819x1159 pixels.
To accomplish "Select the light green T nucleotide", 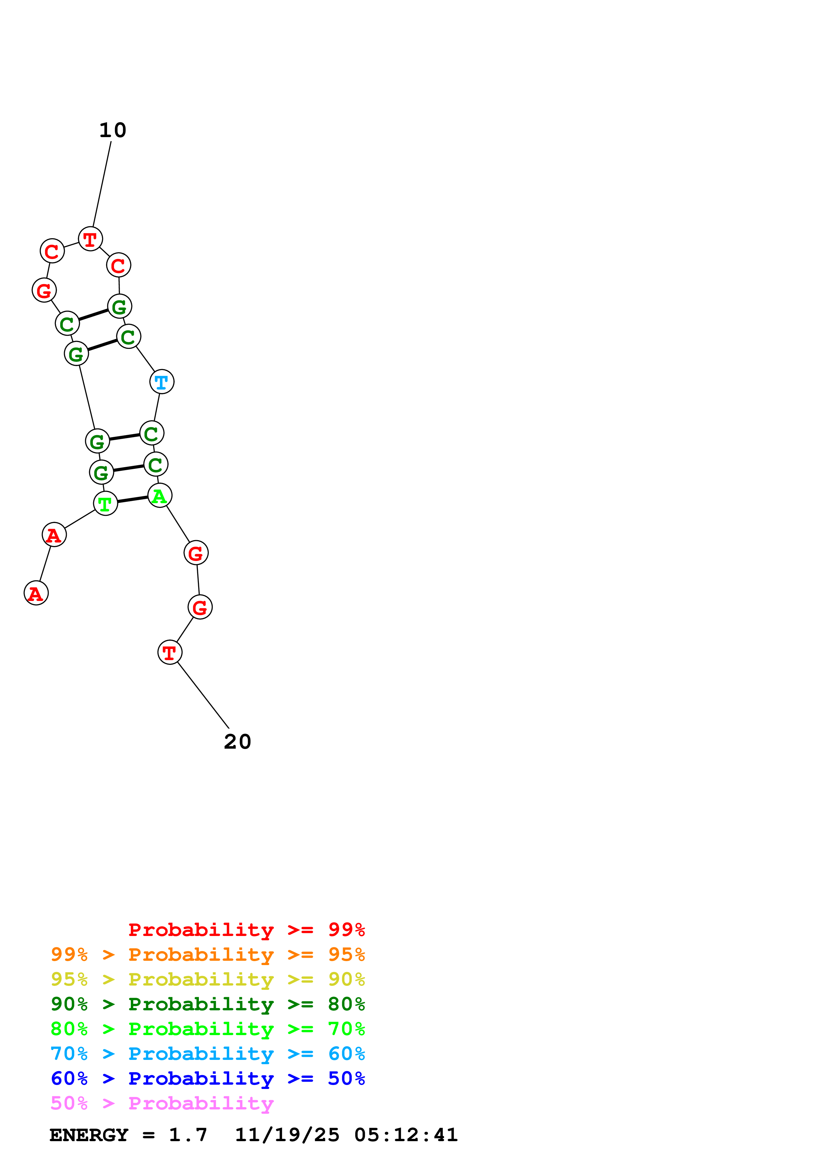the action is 105,503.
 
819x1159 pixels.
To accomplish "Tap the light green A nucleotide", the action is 160,495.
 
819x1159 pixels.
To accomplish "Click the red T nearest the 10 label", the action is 90,239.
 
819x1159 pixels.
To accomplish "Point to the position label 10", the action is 113,130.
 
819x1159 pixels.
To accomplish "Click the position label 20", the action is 237,741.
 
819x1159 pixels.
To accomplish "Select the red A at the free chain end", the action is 36,593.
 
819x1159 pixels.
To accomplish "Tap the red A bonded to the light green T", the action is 54,535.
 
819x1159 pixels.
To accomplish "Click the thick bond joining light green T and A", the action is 132,499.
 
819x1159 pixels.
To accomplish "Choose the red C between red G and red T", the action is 52,251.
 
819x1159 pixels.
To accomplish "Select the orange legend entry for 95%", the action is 207,954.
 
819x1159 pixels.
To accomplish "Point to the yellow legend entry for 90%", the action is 207,979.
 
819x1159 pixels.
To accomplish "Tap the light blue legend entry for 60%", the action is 207,1054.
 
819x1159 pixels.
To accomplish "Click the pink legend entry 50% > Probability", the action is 162,1103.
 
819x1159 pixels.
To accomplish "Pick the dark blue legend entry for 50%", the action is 207,1078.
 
